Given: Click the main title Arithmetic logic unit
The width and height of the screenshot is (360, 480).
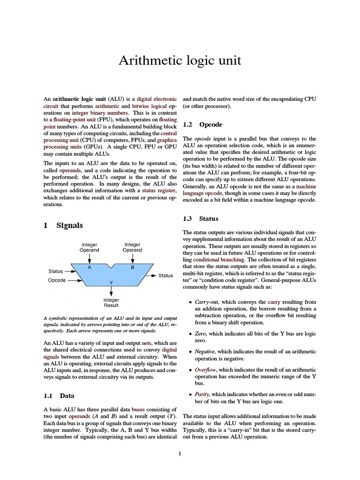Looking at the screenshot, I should [180, 60].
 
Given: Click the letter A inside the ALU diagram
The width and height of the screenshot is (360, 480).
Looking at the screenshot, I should [89, 267].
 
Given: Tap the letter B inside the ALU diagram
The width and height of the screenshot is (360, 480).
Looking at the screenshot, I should [132, 267].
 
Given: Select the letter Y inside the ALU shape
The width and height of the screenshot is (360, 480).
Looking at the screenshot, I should [111, 282].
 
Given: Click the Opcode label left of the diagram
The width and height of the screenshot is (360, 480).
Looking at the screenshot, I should [57, 280].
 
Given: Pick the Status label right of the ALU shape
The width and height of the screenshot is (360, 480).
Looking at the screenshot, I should [165, 276].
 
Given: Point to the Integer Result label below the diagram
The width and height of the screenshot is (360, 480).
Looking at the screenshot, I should [111, 302].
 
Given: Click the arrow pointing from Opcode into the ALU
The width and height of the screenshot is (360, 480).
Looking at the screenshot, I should [74, 280].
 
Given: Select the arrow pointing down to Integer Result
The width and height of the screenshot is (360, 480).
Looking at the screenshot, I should [111, 291].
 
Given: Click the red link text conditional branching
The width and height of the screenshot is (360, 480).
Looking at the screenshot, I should [218, 259].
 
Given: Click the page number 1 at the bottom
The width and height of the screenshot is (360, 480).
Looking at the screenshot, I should [180, 453].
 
